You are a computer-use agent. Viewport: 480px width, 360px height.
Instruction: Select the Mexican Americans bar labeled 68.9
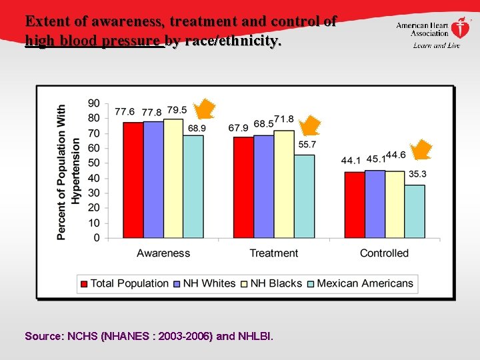pyautogui.click(x=193, y=187)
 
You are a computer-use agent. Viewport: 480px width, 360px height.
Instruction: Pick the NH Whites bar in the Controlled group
pyautogui.click(x=375, y=204)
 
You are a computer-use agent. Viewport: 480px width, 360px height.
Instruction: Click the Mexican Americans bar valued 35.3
pyautogui.click(x=415, y=211)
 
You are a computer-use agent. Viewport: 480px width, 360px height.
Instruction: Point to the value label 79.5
pyautogui.click(x=177, y=110)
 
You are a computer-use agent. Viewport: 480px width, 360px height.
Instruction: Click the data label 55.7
pyautogui.click(x=307, y=145)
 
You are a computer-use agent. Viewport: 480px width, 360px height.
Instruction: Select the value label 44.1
pyautogui.click(x=351, y=160)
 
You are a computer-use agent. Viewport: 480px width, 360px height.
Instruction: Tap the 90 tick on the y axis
pyautogui.click(x=94, y=103)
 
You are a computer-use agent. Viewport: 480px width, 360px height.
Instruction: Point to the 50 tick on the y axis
pyautogui.click(x=94, y=163)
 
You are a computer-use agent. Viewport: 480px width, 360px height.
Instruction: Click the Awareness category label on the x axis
pyautogui.click(x=163, y=253)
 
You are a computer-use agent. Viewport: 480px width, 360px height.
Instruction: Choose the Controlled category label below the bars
pyautogui.click(x=384, y=253)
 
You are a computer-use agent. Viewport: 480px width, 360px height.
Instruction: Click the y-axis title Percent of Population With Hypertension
pyautogui.click(x=68, y=171)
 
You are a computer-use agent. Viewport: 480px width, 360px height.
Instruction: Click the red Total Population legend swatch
pyautogui.click(x=84, y=283)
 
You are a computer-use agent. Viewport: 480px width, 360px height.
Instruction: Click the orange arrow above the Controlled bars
pyautogui.click(x=421, y=150)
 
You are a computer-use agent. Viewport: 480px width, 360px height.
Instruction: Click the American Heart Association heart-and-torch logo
pyautogui.click(x=460, y=28)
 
